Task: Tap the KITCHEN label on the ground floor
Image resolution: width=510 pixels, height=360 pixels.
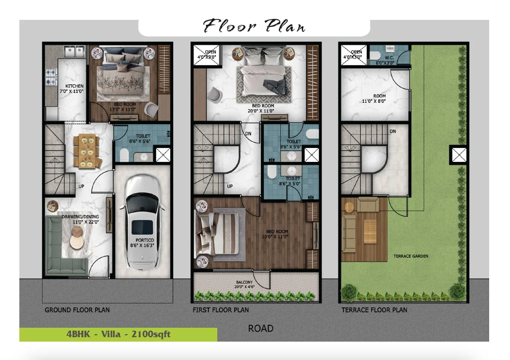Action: [74, 86]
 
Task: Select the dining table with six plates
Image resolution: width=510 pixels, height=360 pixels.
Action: [86, 151]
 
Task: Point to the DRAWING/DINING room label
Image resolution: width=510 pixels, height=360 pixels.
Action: [80, 217]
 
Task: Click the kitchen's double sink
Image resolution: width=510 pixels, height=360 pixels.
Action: [74, 51]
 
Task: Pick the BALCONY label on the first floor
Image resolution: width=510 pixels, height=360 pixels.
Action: [244, 282]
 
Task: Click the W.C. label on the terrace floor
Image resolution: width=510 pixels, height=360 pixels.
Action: [389, 58]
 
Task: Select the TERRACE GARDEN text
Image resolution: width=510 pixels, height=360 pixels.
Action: [411, 256]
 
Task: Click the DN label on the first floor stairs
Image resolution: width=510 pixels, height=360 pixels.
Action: [248, 134]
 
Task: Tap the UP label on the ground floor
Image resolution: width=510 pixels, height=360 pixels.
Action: [81, 186]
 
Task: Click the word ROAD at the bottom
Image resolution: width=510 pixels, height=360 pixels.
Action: [260, 328]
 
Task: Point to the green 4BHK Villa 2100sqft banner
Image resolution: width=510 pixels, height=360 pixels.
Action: [119, 335]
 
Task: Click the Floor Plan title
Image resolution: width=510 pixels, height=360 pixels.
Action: [255, 26]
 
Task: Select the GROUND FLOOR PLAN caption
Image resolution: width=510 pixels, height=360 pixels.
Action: [77, 310]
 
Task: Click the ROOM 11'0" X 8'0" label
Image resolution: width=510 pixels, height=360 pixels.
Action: [374, 98]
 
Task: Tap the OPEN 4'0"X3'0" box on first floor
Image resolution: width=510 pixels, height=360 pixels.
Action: [205, 55]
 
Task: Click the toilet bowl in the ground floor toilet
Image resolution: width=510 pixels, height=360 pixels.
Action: [124, 155]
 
